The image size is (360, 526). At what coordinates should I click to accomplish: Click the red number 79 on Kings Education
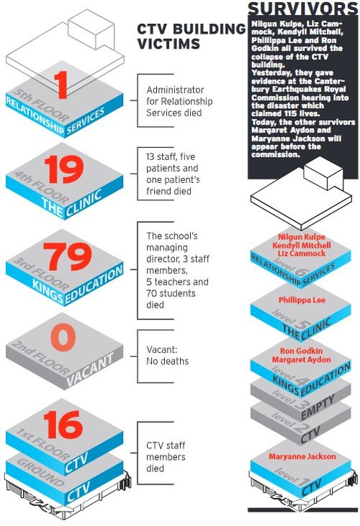pos(68,258)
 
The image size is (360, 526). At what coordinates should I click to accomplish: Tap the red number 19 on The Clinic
pos(63,170)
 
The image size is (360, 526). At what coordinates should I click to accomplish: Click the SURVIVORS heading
pos(302,9)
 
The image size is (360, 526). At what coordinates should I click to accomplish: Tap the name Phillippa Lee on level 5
pos(302,298)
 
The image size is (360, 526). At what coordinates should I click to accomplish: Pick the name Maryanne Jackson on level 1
pos(302,456)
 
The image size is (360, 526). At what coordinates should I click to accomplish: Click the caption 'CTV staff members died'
pos(166,458)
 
